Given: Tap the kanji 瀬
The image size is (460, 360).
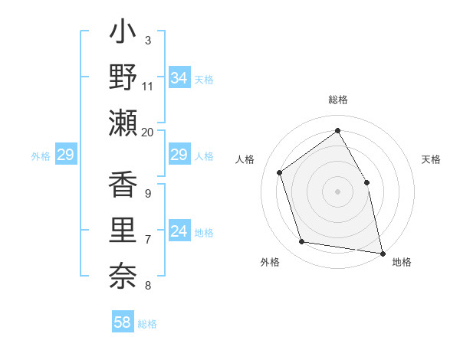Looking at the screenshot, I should (123, 123).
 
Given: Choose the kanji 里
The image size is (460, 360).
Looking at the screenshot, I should (123, 230).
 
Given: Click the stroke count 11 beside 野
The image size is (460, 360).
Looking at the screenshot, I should (148, 87).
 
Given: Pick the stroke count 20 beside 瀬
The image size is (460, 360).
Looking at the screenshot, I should (148, 132).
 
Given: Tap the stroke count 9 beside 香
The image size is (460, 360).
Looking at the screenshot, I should (148, 194).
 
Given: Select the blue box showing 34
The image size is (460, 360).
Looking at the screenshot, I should (179, 78).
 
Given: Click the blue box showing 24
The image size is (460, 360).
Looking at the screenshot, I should (179, 231).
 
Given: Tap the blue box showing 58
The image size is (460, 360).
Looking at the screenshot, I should (123, 322).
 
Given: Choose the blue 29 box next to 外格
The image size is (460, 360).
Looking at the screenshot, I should (65, 155).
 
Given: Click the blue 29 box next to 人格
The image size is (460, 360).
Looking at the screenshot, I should (179, 155).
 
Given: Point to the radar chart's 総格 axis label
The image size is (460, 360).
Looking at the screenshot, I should (338, 100).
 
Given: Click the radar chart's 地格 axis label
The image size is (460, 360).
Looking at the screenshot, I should (402, 262).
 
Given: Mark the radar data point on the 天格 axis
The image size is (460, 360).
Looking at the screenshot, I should (366, 182).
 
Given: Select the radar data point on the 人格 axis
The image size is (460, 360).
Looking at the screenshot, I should (280, 172).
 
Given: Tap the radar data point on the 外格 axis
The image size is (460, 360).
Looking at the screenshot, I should (302, 242).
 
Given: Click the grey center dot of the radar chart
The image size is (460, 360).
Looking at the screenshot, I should (337, 191).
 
